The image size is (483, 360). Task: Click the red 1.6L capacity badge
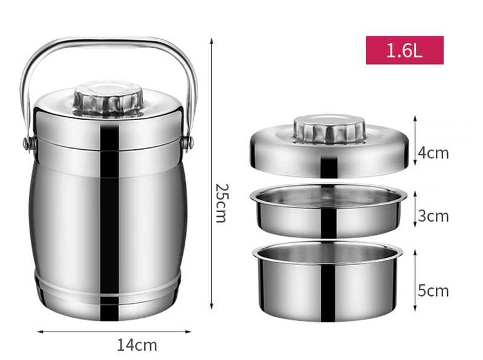[404, 50]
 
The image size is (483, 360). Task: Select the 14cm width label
[136, 345]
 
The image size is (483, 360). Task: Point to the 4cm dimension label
[433, 153]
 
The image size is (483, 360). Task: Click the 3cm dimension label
[433, 216]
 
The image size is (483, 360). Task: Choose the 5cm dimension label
[433, 291]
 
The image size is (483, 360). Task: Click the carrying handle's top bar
[109, 43]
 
